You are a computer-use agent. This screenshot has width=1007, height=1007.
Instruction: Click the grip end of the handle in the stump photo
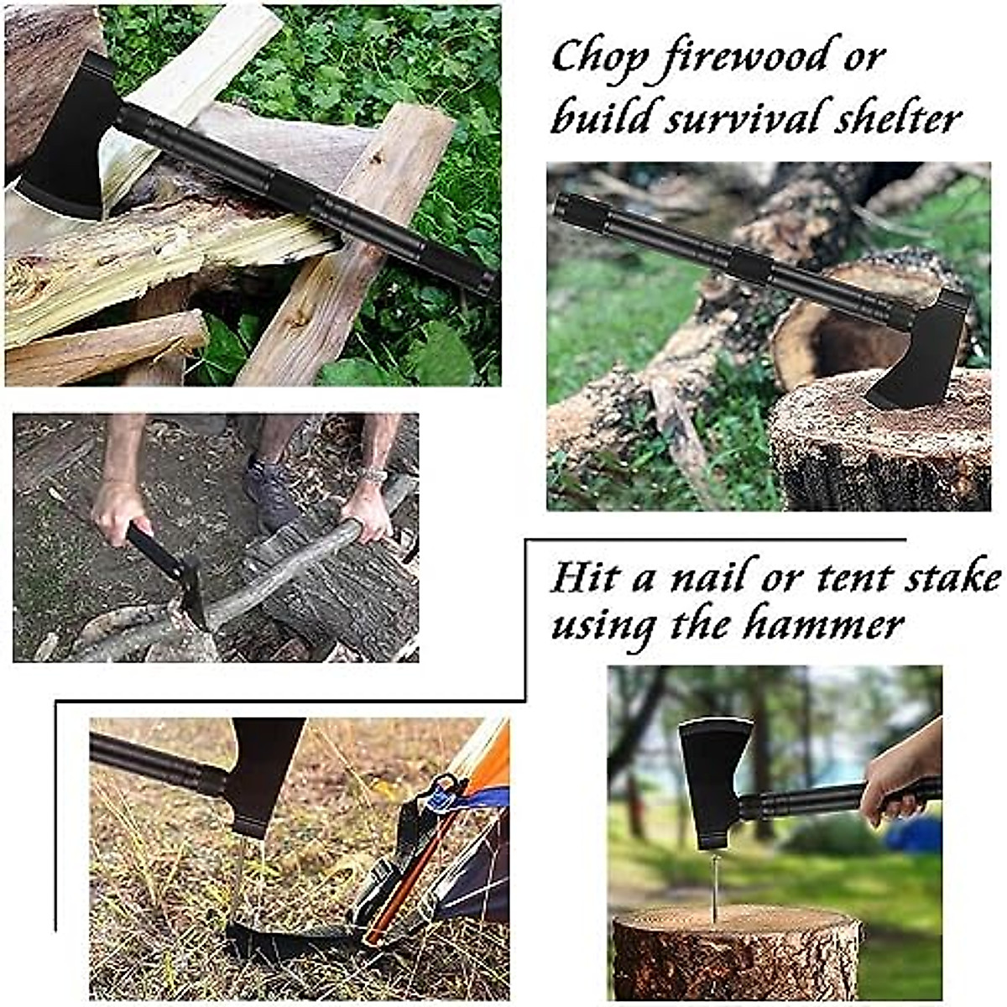579,210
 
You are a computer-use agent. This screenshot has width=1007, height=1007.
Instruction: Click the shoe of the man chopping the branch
270,495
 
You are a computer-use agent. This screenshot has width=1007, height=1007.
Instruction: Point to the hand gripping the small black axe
117,512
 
